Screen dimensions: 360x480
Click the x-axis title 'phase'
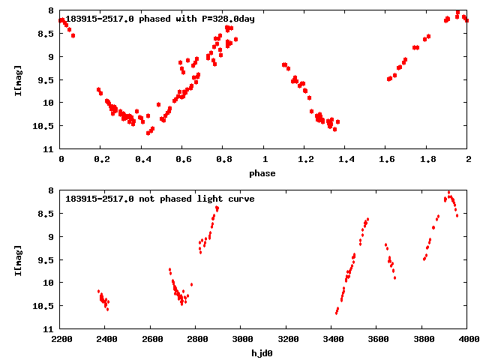point(264,173)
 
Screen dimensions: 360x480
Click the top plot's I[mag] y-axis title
point(19,79)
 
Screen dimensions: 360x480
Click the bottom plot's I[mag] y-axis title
point(19,259)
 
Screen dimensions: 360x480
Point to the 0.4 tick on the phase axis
point(142,160)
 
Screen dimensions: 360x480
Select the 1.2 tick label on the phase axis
point(305,160)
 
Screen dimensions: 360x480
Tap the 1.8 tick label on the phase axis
point(427,160)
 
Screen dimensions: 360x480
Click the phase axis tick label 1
point(265,160)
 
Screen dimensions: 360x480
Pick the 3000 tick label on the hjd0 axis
point(241,340)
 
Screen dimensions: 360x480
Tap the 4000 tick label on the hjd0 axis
point(468,340)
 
